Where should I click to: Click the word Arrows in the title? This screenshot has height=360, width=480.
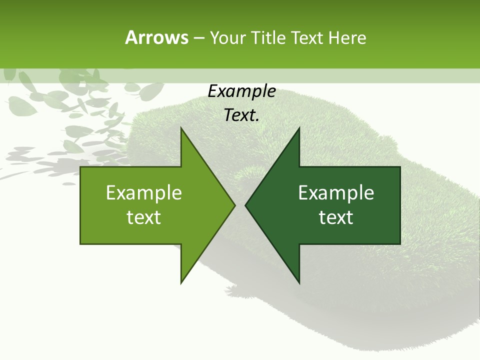[156, 37]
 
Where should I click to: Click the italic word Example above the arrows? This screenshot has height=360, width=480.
[242, 91]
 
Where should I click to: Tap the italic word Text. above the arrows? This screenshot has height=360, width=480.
[242, 115]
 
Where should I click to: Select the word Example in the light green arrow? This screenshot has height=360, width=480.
[144, 192]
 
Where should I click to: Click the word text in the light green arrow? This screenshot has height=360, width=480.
[144, 217]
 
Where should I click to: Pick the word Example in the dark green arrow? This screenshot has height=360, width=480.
[336, 192]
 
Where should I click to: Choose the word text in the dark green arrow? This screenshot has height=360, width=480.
[336, 217]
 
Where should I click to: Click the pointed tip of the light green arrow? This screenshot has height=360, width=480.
[235, 205]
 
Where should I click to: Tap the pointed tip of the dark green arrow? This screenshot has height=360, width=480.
[245, 205]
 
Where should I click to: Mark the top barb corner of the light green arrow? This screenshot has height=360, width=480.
[181, 127]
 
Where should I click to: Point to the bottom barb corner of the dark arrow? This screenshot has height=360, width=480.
[299, 283]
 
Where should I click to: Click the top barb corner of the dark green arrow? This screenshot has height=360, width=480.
[299, 127]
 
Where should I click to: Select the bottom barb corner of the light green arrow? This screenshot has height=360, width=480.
[181, 283]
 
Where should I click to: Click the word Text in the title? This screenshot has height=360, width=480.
[307, 38]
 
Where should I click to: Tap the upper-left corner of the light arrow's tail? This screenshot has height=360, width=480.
[80, 167]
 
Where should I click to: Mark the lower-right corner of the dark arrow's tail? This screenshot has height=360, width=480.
[400, 244]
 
